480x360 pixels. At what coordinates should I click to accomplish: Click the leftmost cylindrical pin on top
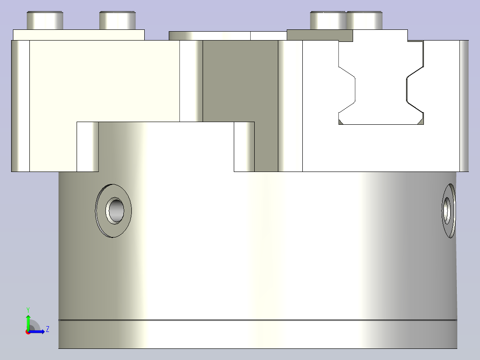tap(45, 20)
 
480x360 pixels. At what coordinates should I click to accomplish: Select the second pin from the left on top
tap(118, 20)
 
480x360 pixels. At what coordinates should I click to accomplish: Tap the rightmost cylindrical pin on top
tap(365, 20)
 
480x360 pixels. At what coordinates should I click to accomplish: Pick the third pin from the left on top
tap(328, 20)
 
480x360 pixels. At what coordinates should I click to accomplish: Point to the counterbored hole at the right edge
tap(448, 211)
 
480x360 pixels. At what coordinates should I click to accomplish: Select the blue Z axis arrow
tap(37, 331)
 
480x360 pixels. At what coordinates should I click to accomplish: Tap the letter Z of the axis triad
tap(48, 329)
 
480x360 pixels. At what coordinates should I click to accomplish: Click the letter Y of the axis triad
tap(28, 310)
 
